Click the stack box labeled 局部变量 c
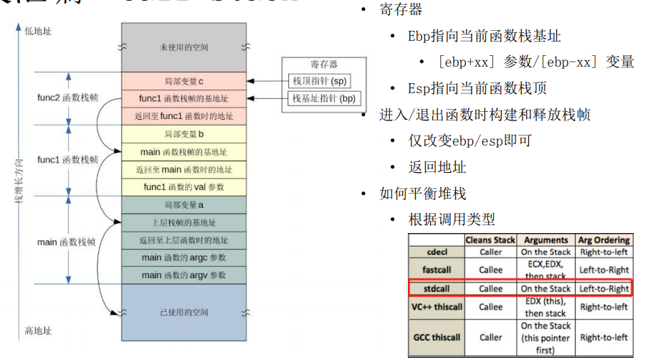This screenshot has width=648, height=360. click(184, 80)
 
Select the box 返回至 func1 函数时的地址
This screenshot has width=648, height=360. click(184, 115)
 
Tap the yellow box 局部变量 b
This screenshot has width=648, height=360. click(184, 134)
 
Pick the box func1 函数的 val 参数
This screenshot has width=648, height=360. click(184, 187)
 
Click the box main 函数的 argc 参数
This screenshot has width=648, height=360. click(184, 257)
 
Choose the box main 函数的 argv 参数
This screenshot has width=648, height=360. click(184, 275)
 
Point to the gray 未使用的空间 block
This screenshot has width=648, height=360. click(184, 47)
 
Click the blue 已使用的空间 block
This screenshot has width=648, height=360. click(184, 313)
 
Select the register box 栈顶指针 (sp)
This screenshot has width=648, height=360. click(319, 80)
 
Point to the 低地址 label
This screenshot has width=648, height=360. click(38, 31)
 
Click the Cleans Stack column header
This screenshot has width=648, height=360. click(490, 240)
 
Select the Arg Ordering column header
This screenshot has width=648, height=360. click(604, 240)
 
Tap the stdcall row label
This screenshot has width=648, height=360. click(436, 289)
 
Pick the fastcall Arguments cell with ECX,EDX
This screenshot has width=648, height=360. click(545, 270)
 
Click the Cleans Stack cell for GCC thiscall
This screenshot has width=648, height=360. click(490, 337)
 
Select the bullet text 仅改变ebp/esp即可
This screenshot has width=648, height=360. click(470, 141)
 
